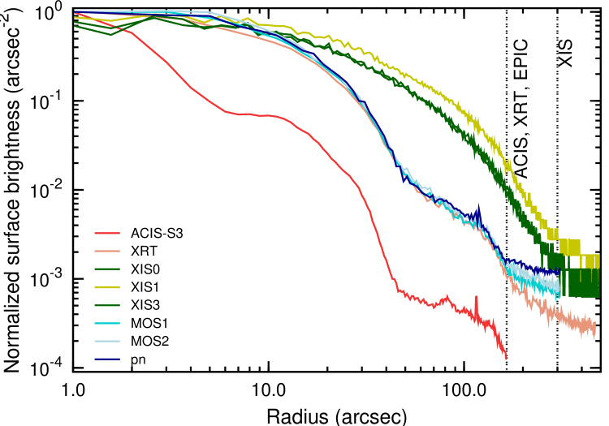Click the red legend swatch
(x=107, y=233)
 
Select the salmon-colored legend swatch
(x=107, y=251)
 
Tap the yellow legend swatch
(x=107, y=287)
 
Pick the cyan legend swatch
(x=107, y=323)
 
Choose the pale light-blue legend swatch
(x=107, y=341)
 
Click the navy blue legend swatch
(x=107, y=359)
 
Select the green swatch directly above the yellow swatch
(x=107, y=269)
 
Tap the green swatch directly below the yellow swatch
(x=107, y=305)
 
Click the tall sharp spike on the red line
(x=476, y=298)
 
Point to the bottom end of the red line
(x=506, y=358)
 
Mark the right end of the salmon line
(x=594, y=328)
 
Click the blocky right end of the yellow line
(x=591, y=261)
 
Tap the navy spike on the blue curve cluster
(x=478, y=208)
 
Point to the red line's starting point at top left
(x=76, y=13)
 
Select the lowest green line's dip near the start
(x=111, y=34)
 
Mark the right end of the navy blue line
(x=559, y=271)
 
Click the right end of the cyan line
(x=559, y=290)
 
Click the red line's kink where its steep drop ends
(x=398, y=289)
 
